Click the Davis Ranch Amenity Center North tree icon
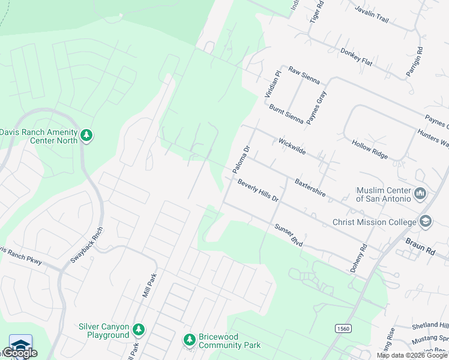(87, 136)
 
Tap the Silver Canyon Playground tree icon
(139, 330)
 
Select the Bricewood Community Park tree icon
(190, 340)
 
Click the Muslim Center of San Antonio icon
(420, 194)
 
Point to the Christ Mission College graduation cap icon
(426, 222)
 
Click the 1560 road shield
(342, 329)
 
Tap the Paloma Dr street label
(241, 160)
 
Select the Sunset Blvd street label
(288, 232)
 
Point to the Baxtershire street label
(310, 187)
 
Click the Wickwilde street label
(292, 146)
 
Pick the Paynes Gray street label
(316, 107)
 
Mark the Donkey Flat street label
(357, 56)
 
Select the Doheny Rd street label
(358, 259)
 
